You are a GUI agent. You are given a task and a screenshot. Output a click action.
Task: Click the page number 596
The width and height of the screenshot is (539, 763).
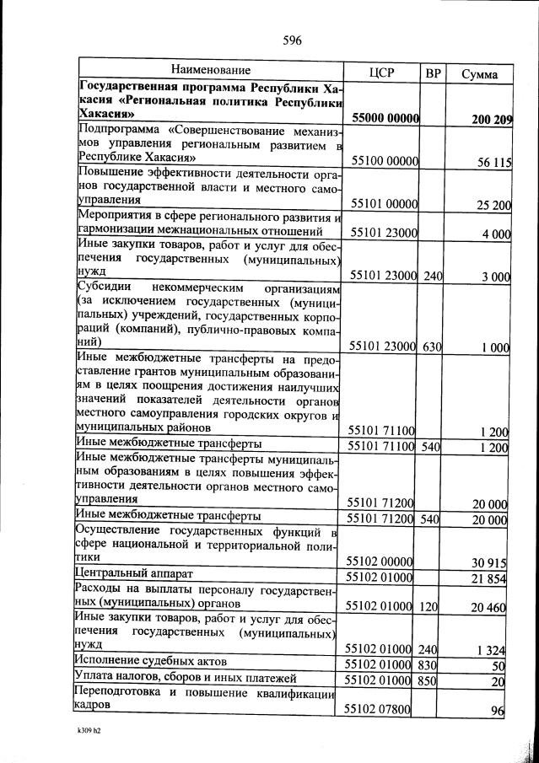(293, 40)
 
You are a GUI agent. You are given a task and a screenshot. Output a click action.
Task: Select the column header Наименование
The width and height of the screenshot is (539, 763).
(211, 71)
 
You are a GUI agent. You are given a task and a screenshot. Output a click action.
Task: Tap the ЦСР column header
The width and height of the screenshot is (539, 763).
(382, 73)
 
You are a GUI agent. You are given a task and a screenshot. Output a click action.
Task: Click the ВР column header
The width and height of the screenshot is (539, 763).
(434, 73)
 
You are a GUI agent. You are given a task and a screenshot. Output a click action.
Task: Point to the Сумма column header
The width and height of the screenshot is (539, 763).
(479, 73)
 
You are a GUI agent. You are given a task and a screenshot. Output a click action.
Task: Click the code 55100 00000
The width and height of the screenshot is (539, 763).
(382, 162)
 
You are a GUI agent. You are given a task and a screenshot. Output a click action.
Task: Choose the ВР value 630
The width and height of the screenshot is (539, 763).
(434, 347)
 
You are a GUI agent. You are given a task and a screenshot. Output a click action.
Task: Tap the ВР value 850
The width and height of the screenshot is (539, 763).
(434, 680)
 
